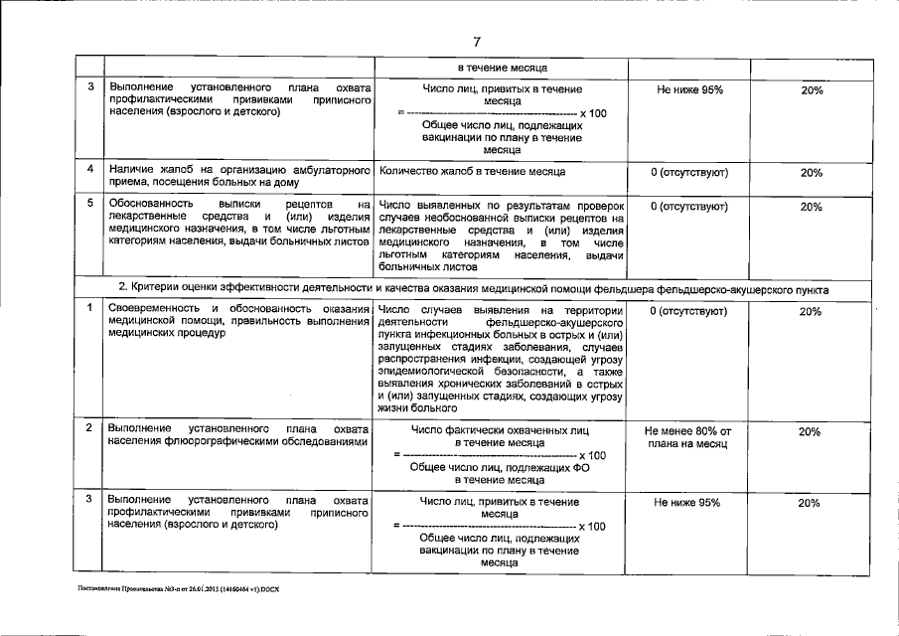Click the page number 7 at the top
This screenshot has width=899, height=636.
[x=477, y=41]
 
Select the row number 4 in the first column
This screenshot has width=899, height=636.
[x=89, y=171]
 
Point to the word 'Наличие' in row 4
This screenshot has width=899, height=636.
[x=130, y=172]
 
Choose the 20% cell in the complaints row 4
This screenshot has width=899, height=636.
[x=811, y=173]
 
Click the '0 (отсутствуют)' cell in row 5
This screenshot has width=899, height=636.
[x=688, y=207]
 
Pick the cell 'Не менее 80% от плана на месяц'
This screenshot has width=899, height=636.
[x=688, y=438]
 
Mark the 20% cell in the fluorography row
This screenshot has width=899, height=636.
[x=811, y=432]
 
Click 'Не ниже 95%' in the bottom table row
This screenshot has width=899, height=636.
[x=687, y=503]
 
